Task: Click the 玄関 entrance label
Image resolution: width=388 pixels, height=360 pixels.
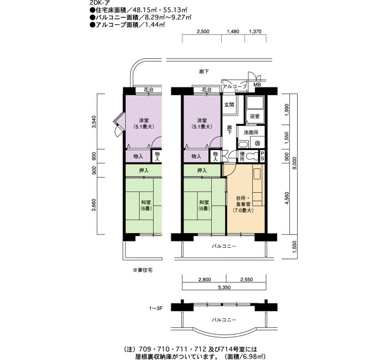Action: (x=229, y=105)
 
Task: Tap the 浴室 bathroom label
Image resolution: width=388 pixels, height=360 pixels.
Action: (x=254, y=116)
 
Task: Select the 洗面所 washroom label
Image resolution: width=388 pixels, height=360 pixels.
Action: (x=251, y=132)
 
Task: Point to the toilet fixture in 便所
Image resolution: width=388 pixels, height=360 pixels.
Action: (x=252, y=156)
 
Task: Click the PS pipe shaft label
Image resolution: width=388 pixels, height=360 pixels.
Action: (x=262, y=156)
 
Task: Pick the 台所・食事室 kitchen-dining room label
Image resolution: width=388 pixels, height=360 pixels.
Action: (x=243, y=204)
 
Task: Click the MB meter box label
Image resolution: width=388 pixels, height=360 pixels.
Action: (x=257, y=85)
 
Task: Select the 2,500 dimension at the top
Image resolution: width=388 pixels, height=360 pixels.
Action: (x=203, y=32)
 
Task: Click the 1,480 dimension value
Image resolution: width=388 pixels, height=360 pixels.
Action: (x=233, y=32)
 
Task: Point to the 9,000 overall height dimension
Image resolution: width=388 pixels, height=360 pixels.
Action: (x=294, y=163)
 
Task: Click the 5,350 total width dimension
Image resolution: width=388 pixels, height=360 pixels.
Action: (x=224, y=287)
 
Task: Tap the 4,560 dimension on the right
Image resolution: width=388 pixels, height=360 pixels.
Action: (x=287, y=198)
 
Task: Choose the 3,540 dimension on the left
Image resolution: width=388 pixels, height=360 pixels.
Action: (x=94, y=122)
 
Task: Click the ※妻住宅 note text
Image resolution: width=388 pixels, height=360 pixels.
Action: (x=143, y=270)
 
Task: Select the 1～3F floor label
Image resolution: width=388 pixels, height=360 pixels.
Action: (x=156, y=308)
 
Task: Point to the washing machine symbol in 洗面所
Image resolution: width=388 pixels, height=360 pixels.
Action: (x=257, y=143)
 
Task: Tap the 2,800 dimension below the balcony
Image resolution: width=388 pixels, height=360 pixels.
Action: (x=205, y=280)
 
